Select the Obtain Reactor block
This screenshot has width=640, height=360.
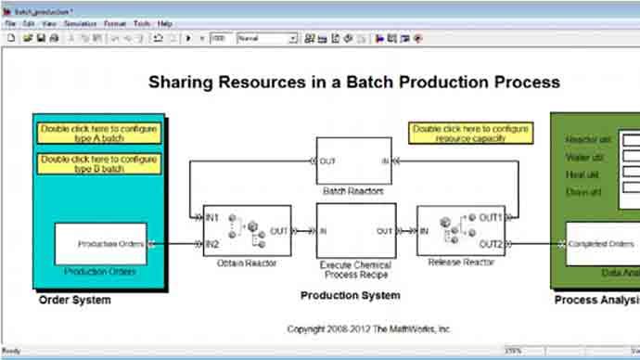pos(246,230)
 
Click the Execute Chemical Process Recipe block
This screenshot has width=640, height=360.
pos(355,230)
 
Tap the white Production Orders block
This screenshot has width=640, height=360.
pos(100,244)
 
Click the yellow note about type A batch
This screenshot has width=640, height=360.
pos(99,133)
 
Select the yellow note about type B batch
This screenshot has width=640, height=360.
pos(99,164)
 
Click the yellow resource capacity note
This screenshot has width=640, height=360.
pos(472,133)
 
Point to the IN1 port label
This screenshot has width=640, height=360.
pos(212,218)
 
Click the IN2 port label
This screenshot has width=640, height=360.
pos(212,244)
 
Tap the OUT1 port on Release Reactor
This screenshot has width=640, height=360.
pos(490,218)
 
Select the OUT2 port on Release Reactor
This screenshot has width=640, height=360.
pos(490,244)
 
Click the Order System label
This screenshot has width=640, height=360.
pos(74,300)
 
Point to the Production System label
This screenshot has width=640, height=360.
pos(351,295)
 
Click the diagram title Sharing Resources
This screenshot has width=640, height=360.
pos(353,82)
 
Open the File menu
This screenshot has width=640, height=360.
pos(10,22)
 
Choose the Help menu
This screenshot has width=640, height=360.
pos(165,22)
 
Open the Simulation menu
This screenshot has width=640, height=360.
pos(81,22)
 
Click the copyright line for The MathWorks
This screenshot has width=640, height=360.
pos(369,328)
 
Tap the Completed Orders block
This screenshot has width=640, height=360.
pos(600,244)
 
